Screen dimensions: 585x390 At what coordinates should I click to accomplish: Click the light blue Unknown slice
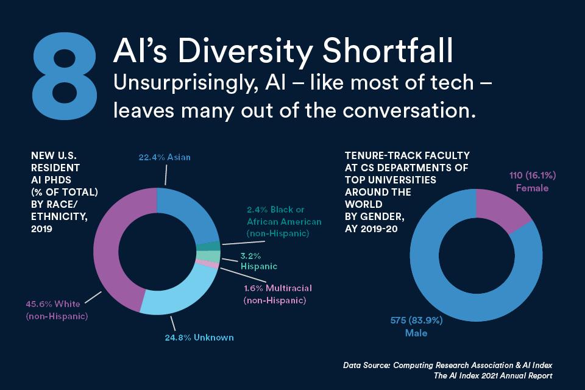tap(183, 295)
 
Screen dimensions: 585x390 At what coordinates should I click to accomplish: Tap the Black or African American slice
tap(209, 246)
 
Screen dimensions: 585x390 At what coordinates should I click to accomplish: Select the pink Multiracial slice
tap(207, 264)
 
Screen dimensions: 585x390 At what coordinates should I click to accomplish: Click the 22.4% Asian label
tap(165, 157)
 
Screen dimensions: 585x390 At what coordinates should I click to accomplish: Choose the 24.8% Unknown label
tap(199, 338)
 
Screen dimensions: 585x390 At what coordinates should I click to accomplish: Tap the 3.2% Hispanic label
tap(259, 261)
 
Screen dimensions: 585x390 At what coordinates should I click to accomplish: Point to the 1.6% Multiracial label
tap(278, 294)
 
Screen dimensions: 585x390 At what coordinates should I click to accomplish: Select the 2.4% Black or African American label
tap(284, 221)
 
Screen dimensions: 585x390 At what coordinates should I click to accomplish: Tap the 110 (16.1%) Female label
tap(533, 182)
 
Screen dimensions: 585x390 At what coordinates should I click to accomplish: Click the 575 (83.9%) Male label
tap(416, 326)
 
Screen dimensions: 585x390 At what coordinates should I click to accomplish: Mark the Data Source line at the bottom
tap(447, 365)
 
